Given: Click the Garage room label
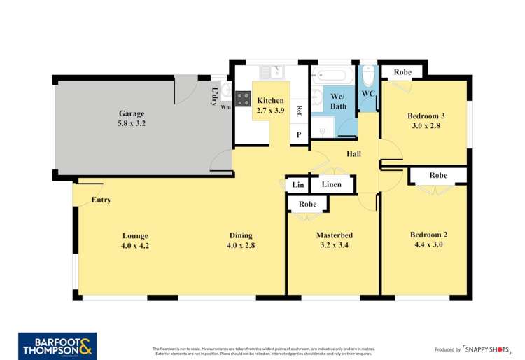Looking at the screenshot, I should (x=131, y=113).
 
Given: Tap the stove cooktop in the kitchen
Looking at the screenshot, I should (x=243, y=99).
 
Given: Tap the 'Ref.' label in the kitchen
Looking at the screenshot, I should (x=299, y=110).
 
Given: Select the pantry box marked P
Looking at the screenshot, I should (x=299, y=134).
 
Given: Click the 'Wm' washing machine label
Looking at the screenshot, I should (x=225, y=107).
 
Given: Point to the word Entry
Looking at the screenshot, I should (x=101, y=200).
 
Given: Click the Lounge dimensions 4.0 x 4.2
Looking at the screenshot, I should (x=135, y=245).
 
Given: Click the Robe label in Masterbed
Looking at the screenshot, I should (x=308, y=204).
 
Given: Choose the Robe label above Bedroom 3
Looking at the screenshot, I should (x=402, y=72).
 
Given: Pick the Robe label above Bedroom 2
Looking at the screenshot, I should (x=438, y=175).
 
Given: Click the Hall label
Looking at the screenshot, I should (x=353, y=153).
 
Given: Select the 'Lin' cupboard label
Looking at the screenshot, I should (x=297, y=185).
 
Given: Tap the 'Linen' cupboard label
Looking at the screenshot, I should (x=331, y=185).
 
